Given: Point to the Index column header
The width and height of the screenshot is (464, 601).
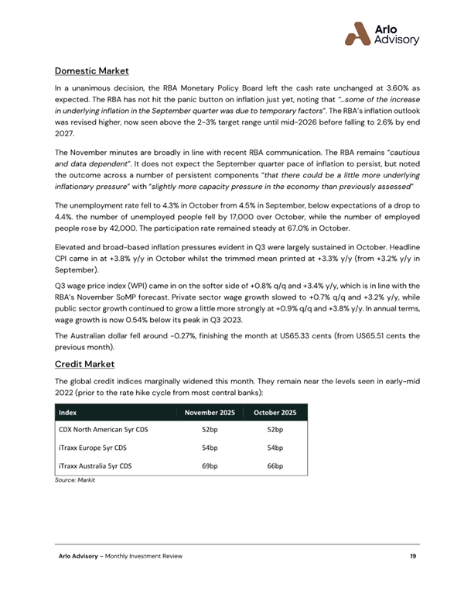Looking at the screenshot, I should click(x=68, y=413).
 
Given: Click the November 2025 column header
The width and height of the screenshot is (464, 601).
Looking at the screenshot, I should click(x=209, y=413).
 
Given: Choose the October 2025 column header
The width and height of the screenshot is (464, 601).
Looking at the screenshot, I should click(x=275, y=413).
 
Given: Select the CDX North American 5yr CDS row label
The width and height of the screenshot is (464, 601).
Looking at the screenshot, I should click(x=104, y=429).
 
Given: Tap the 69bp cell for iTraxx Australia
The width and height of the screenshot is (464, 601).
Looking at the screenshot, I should click(x=210, y=466).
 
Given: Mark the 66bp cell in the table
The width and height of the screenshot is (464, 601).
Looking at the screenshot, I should click(x=275, y=466).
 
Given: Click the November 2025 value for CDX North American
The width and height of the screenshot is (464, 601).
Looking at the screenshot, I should click(x=210, y=429).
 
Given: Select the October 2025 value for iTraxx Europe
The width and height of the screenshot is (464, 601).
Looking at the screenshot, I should click(x=275, y=448).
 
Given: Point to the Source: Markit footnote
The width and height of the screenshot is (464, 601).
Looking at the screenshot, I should click(x=74, y=481).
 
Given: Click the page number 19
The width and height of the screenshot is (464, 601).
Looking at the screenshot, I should click(x=415, y=557).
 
